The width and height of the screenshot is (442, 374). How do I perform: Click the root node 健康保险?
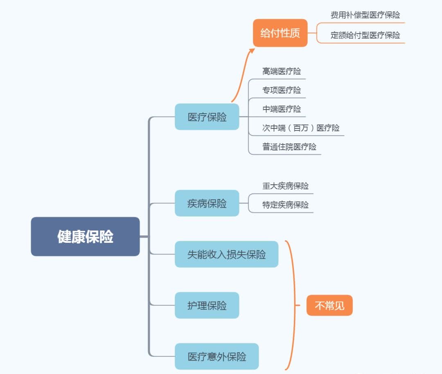(85, 237)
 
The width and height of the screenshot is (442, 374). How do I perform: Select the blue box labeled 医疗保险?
(207, 117)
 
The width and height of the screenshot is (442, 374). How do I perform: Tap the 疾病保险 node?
(207, 203)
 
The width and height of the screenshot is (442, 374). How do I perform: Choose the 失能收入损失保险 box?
(226, 254)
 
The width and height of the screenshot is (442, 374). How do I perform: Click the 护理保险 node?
(207, 305)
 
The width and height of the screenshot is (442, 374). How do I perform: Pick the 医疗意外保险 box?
(216, 356)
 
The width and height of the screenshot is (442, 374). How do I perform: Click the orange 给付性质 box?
(280, 33)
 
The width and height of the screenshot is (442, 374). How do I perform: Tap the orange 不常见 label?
(329, 305)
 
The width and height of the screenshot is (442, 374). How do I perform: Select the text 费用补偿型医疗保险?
(365, 15)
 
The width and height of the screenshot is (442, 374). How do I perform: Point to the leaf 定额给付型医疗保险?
(365, 35)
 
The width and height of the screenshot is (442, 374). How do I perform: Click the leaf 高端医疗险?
(282, 71)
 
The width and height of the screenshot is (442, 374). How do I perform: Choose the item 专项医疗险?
(282, 90)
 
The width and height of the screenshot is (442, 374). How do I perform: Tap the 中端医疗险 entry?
(282, 109)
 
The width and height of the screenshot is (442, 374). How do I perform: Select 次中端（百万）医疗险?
(301, 128)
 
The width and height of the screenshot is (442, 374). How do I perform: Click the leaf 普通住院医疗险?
(289, 147)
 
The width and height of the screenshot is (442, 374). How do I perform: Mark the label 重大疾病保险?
(285, 186)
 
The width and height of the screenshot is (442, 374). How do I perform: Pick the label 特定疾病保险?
(285, 205)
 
